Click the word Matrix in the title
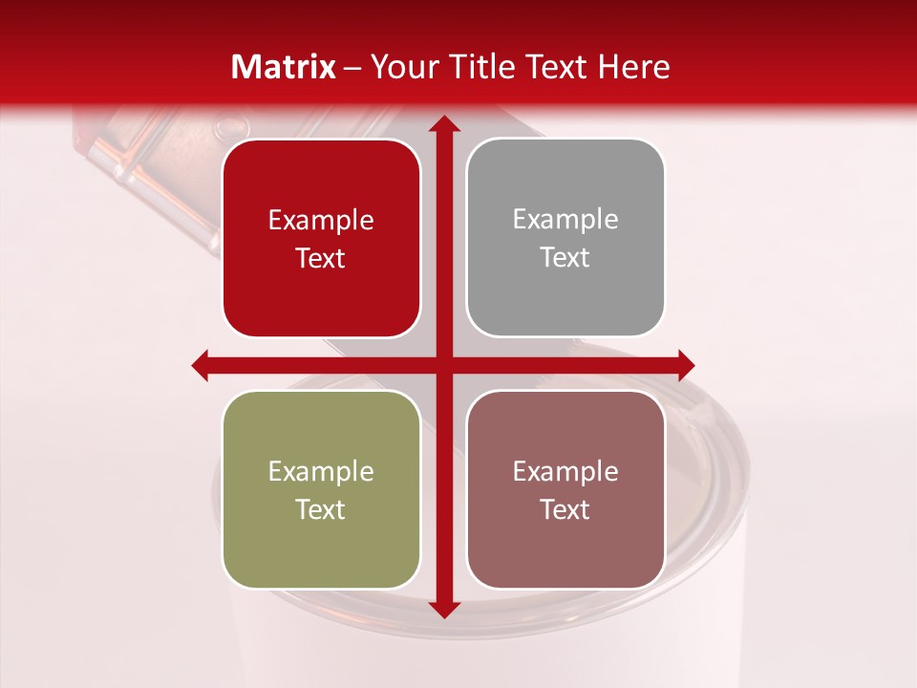coord(284,67)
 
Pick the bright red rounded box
coord(321,239)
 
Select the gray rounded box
coord(565,238)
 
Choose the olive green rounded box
coord(321,489)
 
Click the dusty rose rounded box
coord(565,489)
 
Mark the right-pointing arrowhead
coord(685,365)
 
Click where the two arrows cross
coord(442,365)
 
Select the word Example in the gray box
coord(565,220)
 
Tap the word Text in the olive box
coord(321,509)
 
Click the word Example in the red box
coord(321,221)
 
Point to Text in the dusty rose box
coord(565,509)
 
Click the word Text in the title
coord(554,67)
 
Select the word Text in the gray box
coord(565,258)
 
